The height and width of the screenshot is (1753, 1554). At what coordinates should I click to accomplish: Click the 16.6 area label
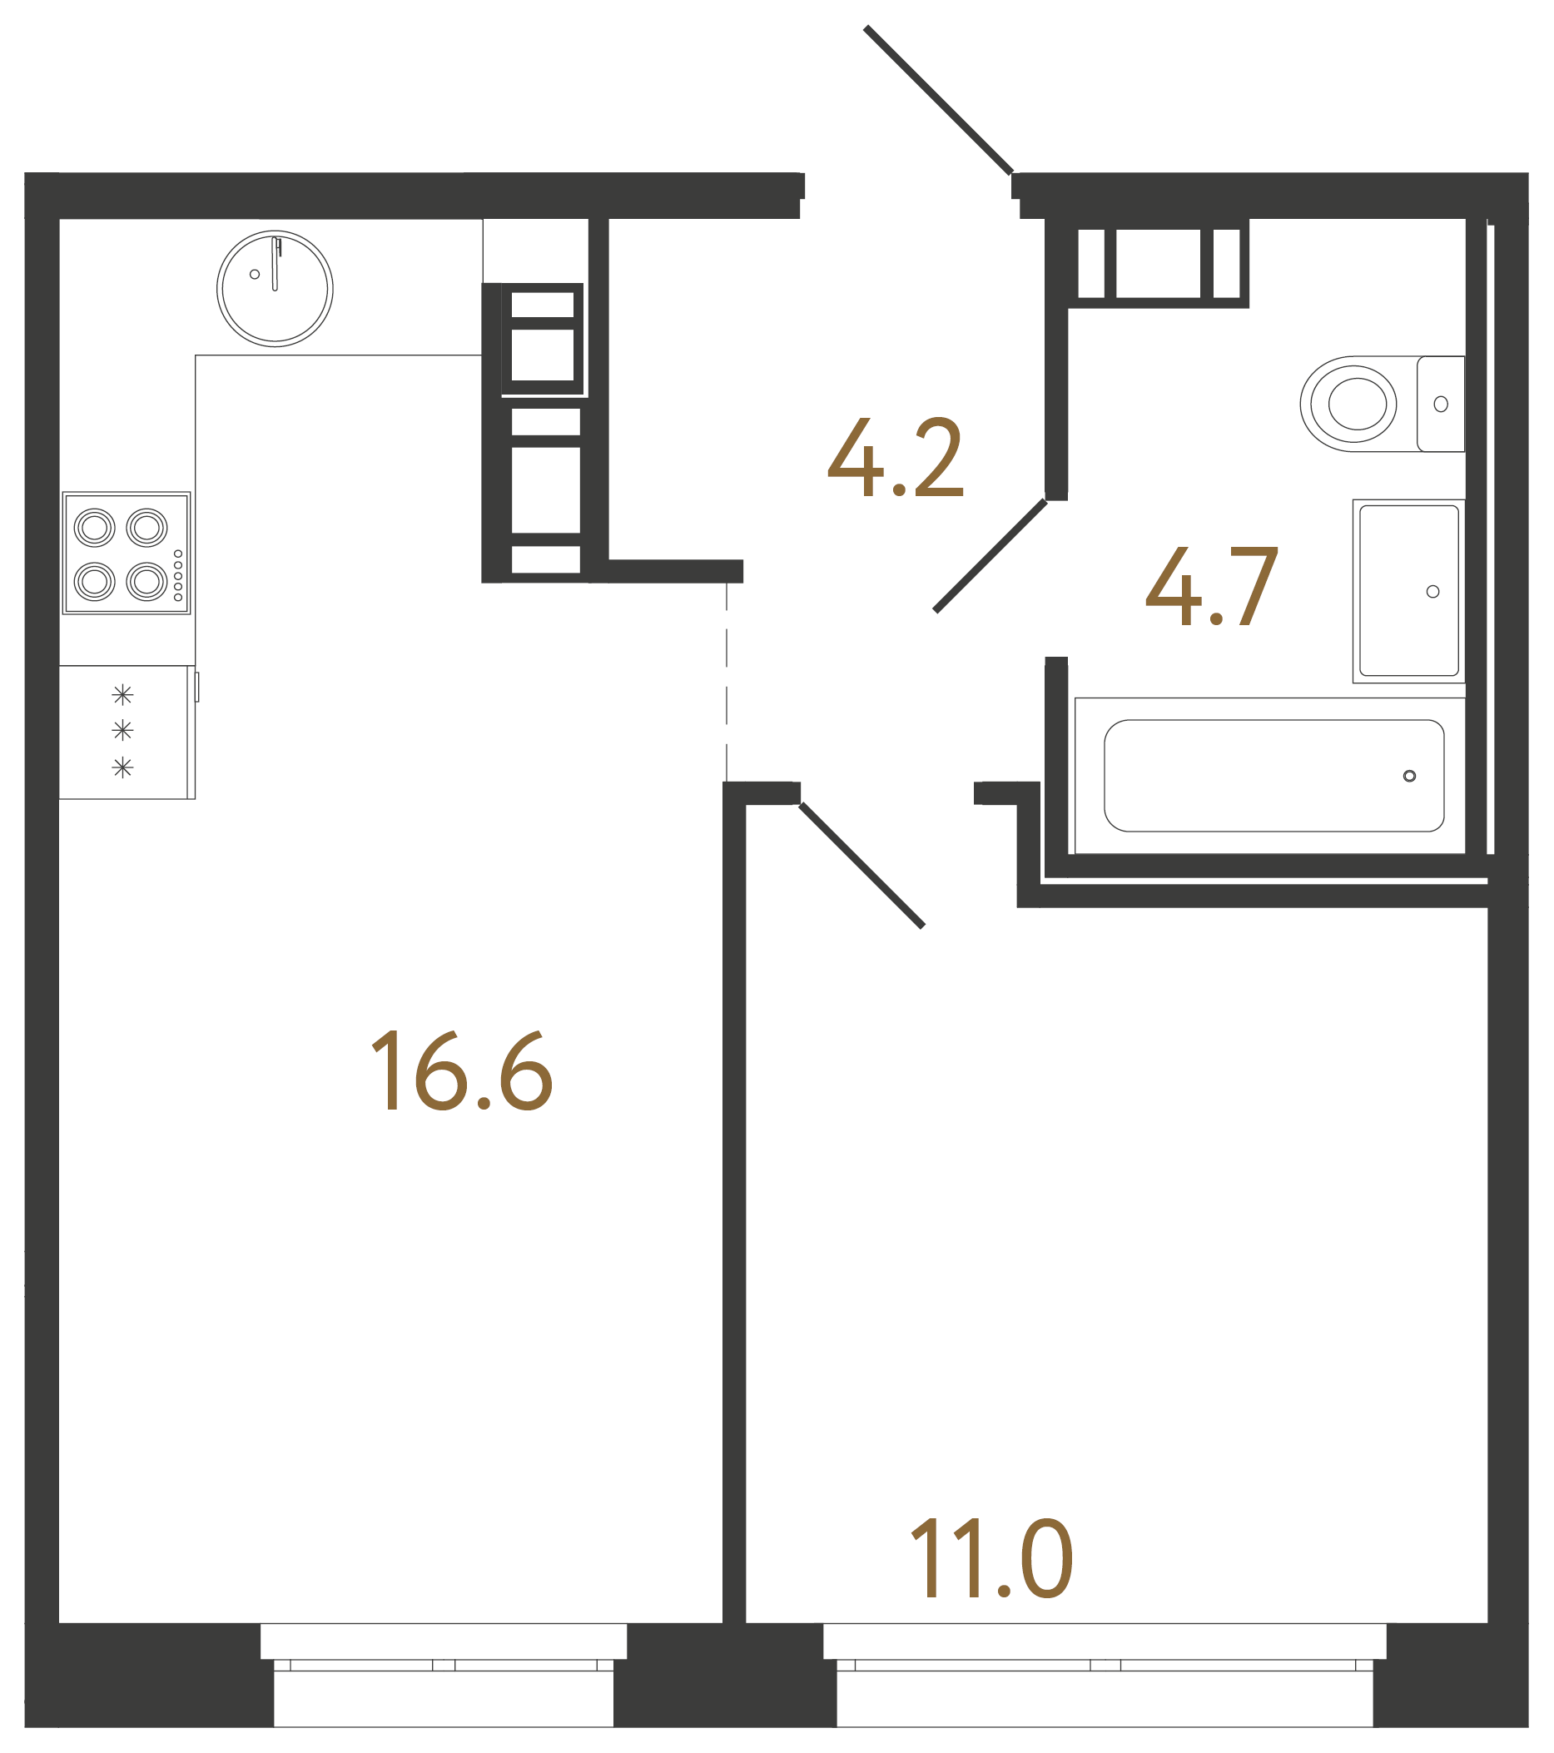(x=461, y=1071)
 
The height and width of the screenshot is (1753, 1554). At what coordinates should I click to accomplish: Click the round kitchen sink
(x=275, y=288)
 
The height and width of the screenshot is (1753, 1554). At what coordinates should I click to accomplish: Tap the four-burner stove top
(x=126, y=554)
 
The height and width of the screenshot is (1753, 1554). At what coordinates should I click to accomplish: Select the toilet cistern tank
(x=1440, y=403)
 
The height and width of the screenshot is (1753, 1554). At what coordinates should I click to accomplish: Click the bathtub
(x=1273, y=775)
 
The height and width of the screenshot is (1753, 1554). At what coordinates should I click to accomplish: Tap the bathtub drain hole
(x=1409, y=776)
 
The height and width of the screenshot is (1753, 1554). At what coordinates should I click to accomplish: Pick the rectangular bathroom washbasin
(x=1408, y=591)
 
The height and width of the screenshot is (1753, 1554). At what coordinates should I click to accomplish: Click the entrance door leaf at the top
(x=938, y=100)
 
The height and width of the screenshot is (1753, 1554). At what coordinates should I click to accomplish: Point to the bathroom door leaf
(x=990, y=556)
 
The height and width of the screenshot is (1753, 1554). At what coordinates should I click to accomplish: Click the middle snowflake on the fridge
(x=122, y=730)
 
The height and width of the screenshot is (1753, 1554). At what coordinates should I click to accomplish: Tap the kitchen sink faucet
(x=276, y=262)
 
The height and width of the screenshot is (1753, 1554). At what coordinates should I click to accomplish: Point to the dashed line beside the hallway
(x=727, y=682)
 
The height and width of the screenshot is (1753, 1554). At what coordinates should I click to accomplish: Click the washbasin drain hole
(x=1432, y=592)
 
